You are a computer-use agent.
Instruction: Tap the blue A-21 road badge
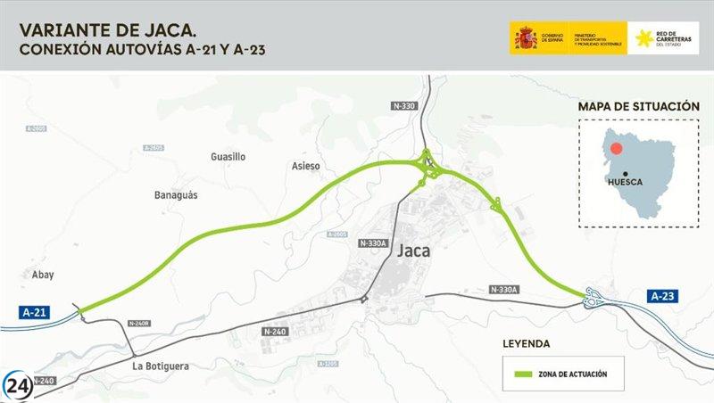tap(35, 311)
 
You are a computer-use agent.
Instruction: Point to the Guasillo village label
tap(228, 157)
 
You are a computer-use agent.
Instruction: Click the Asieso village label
tap(305, 166)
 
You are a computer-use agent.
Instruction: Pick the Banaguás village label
tap(176, 194)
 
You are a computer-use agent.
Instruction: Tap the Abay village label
tap(43, 276)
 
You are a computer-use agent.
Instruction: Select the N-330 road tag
tap(404, 106)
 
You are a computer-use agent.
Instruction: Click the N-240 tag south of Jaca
tap(274, 332)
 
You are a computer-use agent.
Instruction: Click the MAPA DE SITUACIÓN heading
tap(638, 106)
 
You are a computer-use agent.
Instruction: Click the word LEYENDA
tap(526, 343)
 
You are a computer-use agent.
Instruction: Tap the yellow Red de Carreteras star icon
tap(643, 38)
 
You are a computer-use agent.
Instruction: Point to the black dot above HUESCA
tap(626, 174)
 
